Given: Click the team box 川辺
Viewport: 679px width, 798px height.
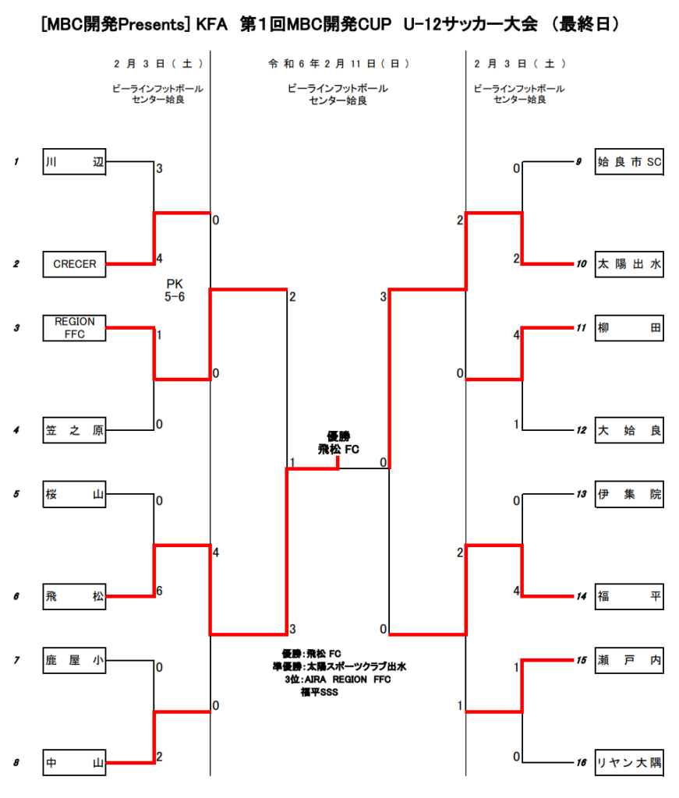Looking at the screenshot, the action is click(74, 162).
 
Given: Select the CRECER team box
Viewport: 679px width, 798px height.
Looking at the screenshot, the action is click(74, 264).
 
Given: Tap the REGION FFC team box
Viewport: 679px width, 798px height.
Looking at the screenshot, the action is click(74, 328).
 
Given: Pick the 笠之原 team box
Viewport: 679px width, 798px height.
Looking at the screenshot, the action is click(74, 430).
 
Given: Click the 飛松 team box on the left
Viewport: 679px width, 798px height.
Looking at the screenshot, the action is click(74, 596).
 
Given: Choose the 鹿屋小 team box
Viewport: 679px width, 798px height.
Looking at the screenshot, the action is click(74, 660).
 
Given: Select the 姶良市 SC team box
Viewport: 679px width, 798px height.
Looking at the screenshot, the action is click(629, 162).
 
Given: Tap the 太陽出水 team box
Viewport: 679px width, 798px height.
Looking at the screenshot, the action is click(629, 264).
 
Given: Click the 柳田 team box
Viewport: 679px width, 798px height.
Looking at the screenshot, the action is click(629, 328).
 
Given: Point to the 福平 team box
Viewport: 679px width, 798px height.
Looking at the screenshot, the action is click(629, 596).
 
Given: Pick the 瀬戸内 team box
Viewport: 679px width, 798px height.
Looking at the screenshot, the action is click(629, 660).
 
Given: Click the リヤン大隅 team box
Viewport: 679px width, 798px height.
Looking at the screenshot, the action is click(629, 762).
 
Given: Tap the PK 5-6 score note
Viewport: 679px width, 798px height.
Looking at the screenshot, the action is click(175, 290).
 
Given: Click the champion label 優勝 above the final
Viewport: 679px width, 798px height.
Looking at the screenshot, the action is click(338, 436).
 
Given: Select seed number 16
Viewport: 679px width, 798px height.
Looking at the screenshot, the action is click(582, 762).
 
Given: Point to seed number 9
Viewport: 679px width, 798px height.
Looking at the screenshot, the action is click(578, 162).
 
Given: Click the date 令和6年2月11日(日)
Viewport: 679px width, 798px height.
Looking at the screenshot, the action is click(339, 64).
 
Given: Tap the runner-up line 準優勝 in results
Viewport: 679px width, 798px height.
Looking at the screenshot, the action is click(339, 666).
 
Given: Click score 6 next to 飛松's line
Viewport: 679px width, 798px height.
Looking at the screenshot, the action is click(159, 591).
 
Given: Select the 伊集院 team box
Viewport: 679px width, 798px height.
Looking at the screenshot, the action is click(629, 493).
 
